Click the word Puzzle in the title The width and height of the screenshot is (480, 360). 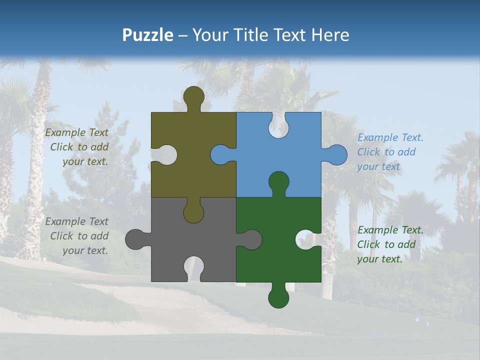pyautogui.click(x=148, y=35)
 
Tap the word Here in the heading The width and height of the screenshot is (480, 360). pyautogui.click(x=329, y=35)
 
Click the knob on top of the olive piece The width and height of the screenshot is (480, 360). pyautogui.click(x=193, y=96)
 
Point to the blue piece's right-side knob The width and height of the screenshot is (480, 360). pyautogui.click(x=336, y=154)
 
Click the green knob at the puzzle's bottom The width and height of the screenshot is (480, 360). pyautogui.click(x=278, y=297)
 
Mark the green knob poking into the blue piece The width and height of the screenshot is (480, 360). pyautogui.click(x=278, y=181)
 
